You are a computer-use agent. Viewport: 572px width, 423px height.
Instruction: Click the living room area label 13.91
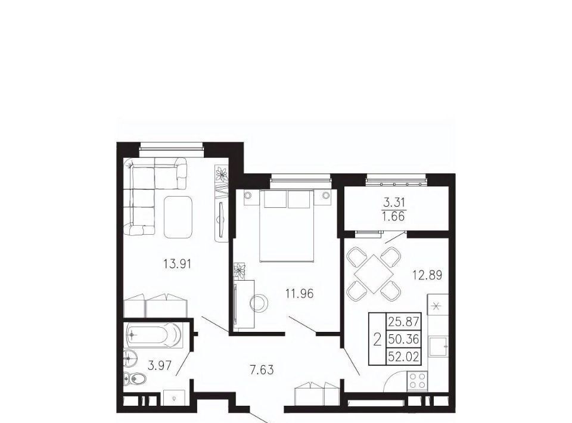pos(178,264)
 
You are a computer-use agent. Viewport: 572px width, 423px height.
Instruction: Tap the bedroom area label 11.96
pos(300,293)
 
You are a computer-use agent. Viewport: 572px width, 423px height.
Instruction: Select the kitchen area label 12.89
pos(427,275)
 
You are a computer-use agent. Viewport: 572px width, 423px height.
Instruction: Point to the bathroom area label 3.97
pos(160,365)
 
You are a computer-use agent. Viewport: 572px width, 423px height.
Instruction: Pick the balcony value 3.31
pos(394,201)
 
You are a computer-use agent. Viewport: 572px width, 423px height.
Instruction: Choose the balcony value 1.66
pos(394,217)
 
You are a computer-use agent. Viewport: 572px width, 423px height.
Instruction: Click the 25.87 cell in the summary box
pos(403,322)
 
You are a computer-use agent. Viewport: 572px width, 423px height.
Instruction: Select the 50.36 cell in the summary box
pos(403,339)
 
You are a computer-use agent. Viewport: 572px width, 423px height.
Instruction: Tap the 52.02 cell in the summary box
pos(403,356)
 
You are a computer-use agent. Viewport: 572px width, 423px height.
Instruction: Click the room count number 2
pos(378,339)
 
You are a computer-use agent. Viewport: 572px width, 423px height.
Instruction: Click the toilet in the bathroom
pos(135,380)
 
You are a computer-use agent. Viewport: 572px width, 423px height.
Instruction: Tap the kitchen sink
pos(438,346)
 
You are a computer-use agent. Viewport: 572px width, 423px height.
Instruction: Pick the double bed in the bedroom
pos(287,226)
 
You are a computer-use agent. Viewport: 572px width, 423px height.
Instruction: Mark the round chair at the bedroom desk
pos(259,303)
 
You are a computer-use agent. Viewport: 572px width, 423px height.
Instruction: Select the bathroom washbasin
pos(130,358)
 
